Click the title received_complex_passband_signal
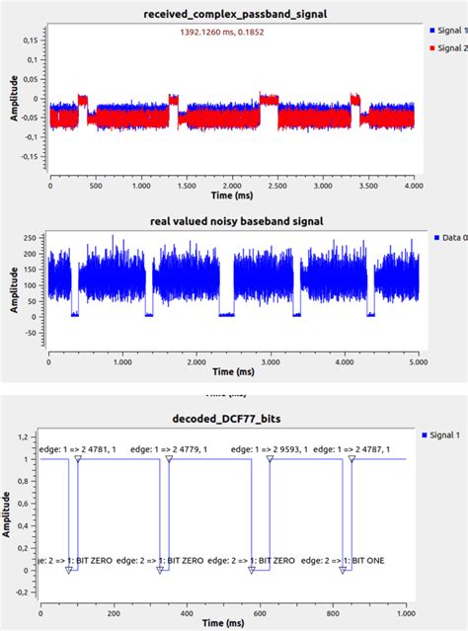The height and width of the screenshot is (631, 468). [x=234, y=13]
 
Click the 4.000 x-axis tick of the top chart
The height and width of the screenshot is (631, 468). [x=413, y=185]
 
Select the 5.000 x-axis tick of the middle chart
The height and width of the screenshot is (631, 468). [x=418, y=363]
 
